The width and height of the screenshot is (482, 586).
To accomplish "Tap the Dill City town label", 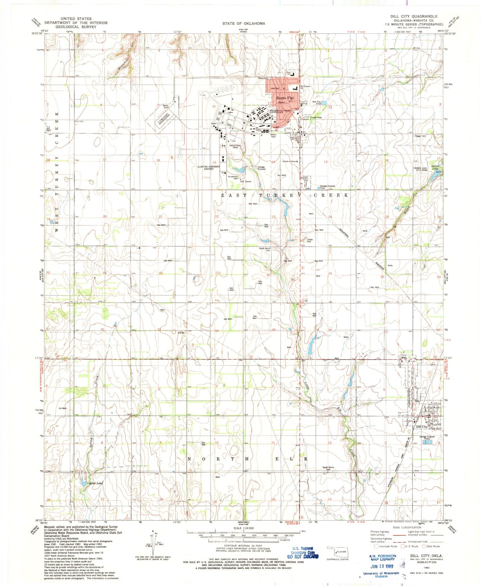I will click(x=422, y=427).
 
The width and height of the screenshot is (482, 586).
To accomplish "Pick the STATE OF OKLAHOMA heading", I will click(x=244, y=23).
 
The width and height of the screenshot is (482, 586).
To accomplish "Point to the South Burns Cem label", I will click(x=328, y=468).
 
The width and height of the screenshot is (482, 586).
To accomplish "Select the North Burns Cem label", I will click(x=265, y=249).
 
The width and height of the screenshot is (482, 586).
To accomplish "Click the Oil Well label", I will click(x=63, y=408).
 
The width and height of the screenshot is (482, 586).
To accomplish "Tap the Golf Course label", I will click(x=245, y=181).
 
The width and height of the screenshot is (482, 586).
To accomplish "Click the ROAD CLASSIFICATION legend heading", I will click(x=407, y=527).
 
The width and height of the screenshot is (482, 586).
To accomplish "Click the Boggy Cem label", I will click(x=420, y=136).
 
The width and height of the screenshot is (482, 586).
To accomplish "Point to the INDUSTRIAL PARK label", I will click(x=235, y=147).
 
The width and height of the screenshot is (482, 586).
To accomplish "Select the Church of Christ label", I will click(x=289, y=161).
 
